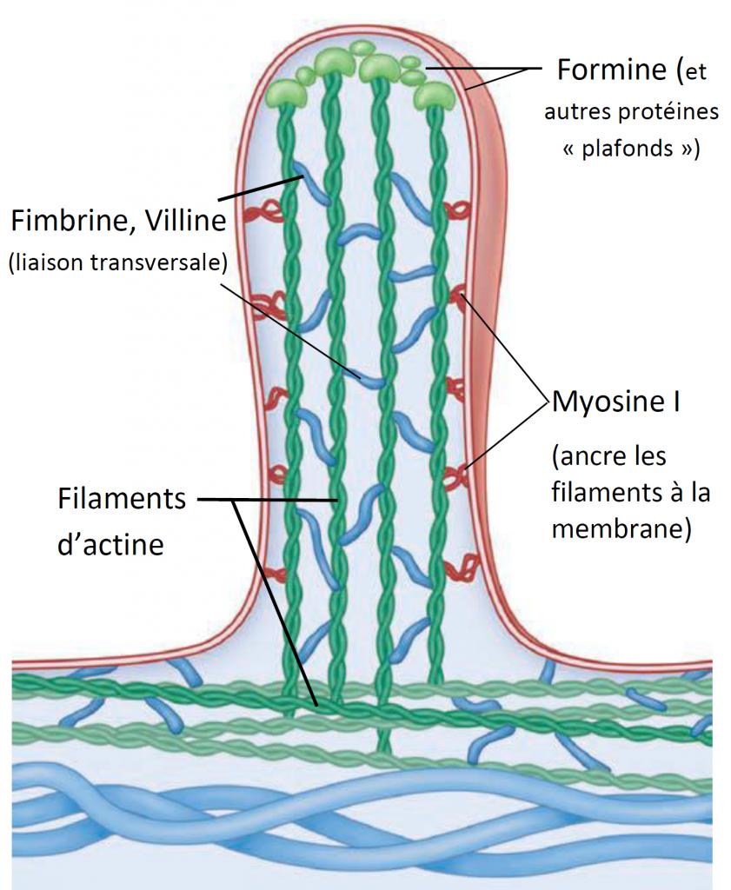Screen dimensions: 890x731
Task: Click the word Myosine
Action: [606, 403]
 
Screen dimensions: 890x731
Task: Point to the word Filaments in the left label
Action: [122, 500]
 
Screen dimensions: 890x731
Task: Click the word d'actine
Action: [110, 545]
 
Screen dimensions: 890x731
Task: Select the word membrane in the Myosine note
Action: [621, 529]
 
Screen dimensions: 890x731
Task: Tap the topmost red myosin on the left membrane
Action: [257, 212]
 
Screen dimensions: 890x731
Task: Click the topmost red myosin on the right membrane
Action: [456, 211]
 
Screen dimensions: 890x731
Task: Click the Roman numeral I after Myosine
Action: [675, 403]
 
